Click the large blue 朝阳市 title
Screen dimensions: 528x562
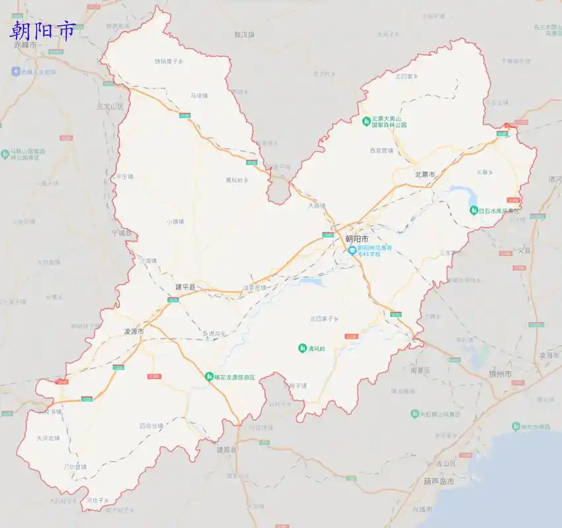(43, 30)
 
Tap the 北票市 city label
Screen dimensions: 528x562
(424, 174)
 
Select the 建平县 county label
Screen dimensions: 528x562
(185, 287)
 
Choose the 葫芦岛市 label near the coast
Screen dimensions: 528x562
(439, 482)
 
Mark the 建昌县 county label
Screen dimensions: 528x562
(226, 449)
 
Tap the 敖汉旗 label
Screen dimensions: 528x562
(243, 34)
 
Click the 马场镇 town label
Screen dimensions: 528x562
(199, 96)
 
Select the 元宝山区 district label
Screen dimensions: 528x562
(109, 106)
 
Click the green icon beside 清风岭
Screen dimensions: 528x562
(302, 348)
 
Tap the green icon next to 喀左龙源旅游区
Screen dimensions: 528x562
(208, 377)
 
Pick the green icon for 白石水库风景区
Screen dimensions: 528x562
(473, 210)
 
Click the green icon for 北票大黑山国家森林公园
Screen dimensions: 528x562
(366, 121)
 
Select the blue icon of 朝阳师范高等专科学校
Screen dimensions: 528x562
(352, 250)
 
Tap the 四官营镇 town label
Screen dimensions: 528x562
(150, 426)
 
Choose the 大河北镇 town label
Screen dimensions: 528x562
(47, 438)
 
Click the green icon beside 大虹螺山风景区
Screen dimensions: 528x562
(414, 414)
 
